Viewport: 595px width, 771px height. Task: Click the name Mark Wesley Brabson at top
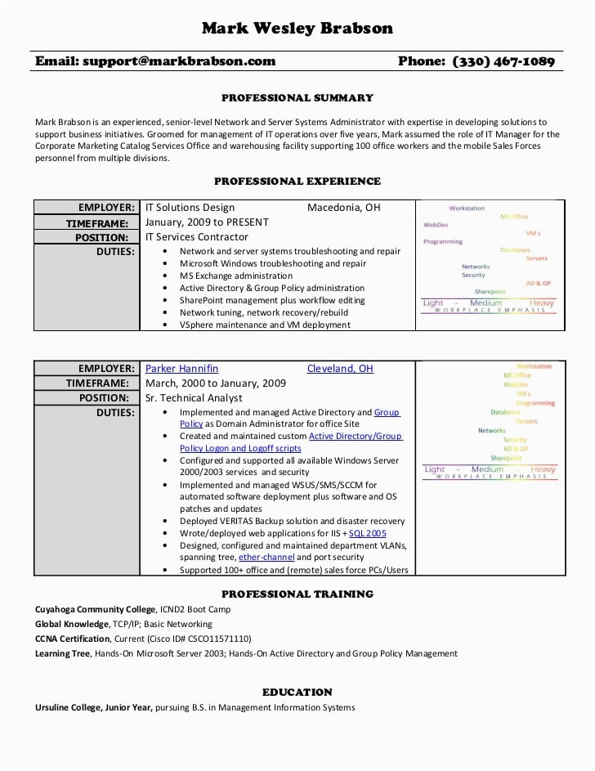pyautogui.click(x=297, y=29)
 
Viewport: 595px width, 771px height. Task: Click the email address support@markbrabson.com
pyautogui.click(x=179, y=61)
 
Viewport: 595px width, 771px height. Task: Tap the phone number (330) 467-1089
pyautogui.click(x=503, y=61)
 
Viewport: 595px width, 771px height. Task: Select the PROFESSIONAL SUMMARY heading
pyautogui.click(x=297, y=98)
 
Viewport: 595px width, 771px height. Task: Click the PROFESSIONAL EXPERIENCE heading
pyautogui.click(x=297, y=182)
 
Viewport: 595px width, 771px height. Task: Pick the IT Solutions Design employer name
pyautogui.click(x=190, y=208)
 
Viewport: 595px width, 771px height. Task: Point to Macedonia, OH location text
pyautogui.click(x=343, y=208)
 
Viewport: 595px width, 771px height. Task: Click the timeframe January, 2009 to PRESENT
pyautogui.click(x=207, y=222)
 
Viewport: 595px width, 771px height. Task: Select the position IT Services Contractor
pyautogui.click(x=196, y=237)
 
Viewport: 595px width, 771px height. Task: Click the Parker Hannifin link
pyautogui.click(x=181, y=369)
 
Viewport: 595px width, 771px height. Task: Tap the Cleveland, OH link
pyautogui.click(x=340, y=369)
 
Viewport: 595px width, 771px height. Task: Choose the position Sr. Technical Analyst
pyautogui.click(x=194, y=398)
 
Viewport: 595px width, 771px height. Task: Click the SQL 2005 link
pyautogui.click(x=368, y=534)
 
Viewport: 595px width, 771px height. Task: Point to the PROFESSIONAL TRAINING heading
pyautogui.click(x=297, y=594)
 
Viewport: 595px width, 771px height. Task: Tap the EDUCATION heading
pyautogui.click(x=297, y=693)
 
